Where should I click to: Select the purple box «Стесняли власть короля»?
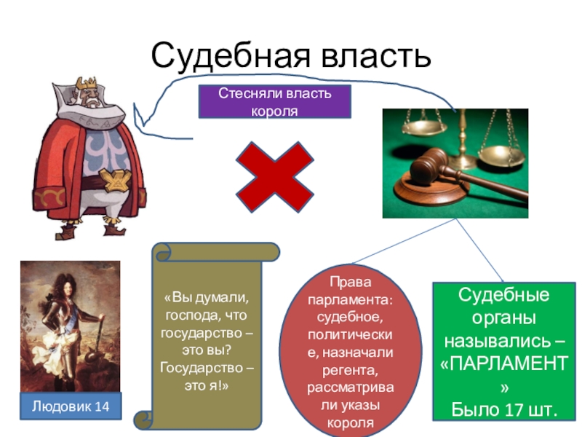coord(275,101)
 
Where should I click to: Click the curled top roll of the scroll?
coord(215,252)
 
